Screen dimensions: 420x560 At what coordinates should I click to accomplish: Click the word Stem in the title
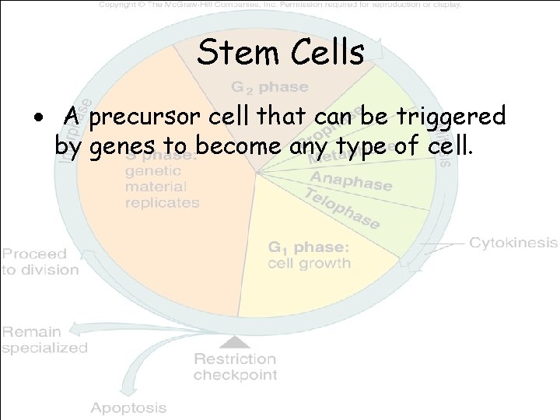click(x=233, y=54)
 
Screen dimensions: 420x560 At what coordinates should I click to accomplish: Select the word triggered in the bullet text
click(x=454, y=117)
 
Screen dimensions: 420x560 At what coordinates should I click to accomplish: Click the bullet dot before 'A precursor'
click(x=48, y=119)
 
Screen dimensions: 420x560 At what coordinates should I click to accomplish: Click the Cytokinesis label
click(x=513, y=243)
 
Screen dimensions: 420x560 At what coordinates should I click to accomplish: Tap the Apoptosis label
click(x=128, y=408)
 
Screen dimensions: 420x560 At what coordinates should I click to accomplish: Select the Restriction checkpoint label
click(x=234, y=367)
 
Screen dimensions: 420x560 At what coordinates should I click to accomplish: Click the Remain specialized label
click(x=44, y=340)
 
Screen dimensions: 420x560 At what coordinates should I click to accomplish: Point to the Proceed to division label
click(x=40, y=261)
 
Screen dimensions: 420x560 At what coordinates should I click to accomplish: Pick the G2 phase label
click(x=268, y=87)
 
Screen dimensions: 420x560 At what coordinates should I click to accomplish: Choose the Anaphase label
click(x=351, y=180)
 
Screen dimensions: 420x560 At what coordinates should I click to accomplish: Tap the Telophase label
click(x=341, y=208)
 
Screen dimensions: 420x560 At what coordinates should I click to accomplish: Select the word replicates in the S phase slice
click(x=163, y=202)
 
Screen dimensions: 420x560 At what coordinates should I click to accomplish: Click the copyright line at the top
click(x=280, y=5)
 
